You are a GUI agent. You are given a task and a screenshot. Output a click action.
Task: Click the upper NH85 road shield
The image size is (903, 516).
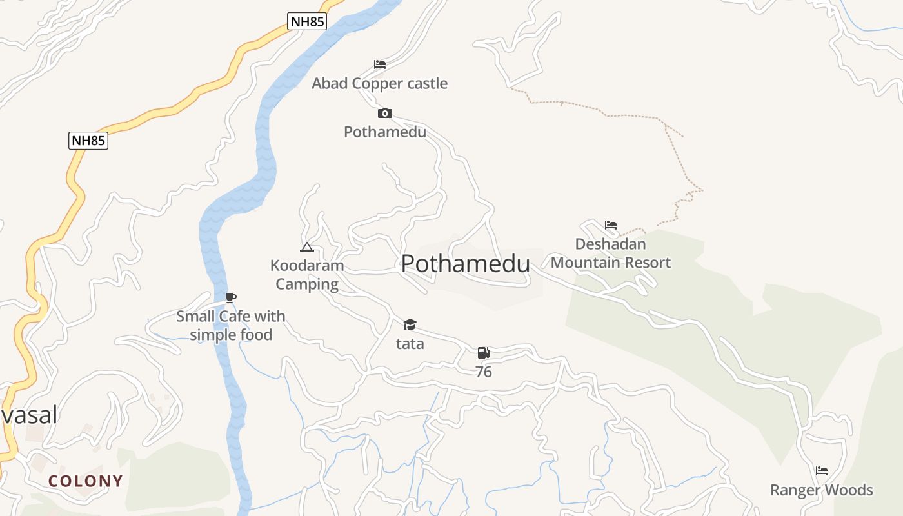[x=307, y=21]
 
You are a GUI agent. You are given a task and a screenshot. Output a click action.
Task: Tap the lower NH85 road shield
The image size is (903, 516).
[x=88, y=141]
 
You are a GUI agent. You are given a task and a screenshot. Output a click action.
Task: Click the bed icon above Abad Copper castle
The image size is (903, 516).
[x=380, y=64]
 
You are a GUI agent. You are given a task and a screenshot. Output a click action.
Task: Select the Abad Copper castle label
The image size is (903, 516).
[x=380, y=83]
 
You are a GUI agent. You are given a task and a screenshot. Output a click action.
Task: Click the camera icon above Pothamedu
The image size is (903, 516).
[x=385, y=114]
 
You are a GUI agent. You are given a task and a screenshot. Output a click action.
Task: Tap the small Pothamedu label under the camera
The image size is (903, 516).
[x=385, y=132]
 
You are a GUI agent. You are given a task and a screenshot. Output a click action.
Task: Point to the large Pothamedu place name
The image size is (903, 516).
[x=466, y=263]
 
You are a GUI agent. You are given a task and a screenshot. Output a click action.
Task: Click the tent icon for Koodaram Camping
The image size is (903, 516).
[x=307, y=247]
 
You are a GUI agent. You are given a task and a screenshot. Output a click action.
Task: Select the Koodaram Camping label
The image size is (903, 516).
[x=307, y=275]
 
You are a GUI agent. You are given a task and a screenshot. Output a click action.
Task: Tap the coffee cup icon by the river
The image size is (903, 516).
[x=231, y=297]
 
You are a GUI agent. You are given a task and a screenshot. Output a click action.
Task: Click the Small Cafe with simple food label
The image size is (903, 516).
[x=231, y=325]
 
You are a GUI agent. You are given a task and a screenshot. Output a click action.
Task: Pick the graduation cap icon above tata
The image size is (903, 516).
[x=410, y=324]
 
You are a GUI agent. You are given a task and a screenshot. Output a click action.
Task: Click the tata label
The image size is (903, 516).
[x=410, y=343]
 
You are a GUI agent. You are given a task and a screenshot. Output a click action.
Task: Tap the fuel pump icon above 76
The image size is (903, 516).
[x=484, y=353]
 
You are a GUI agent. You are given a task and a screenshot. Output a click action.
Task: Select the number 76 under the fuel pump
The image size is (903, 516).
[x=484, y=372]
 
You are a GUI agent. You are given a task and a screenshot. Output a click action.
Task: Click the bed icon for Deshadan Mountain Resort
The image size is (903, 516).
[x=611, y=225]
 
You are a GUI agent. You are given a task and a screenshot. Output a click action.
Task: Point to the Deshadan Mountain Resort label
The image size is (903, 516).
[x=611, y=253]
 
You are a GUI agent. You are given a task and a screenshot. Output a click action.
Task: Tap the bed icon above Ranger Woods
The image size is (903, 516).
[x=822, y=471]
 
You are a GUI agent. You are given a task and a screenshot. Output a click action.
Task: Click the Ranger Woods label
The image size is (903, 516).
[x=822, y=490]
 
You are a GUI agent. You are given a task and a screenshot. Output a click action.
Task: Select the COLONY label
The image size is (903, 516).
[x=86, y=481]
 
